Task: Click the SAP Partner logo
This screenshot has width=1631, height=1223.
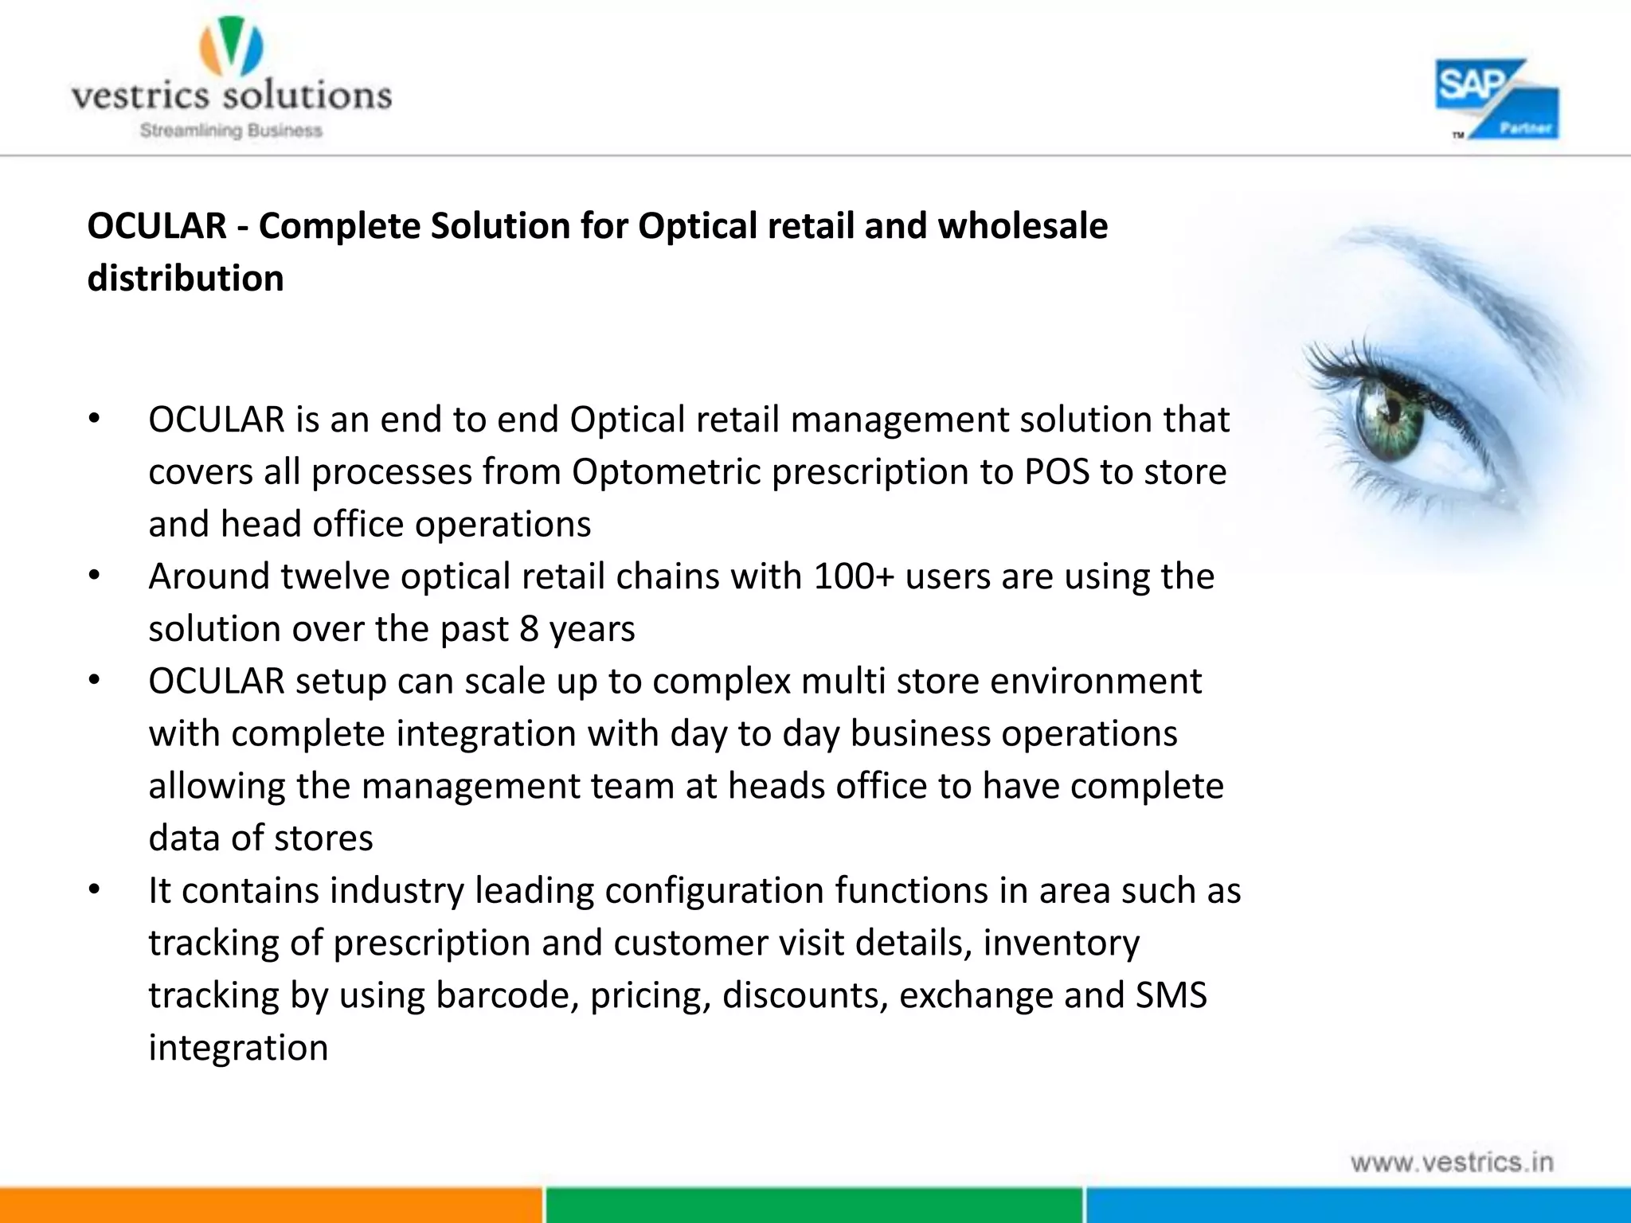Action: point(1496,100)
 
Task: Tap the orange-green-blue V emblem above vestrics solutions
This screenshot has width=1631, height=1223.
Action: point(231,47)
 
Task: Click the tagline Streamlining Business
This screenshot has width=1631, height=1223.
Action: point(231,131)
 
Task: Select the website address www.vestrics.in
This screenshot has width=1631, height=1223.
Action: point(1452,1162)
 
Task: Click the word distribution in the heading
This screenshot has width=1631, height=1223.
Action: point(186,279)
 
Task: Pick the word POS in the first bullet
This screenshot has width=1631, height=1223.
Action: point(1057,472)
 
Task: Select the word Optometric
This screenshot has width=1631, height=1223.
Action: point(667,472)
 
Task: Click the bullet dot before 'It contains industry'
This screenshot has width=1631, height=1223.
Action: point(94,890)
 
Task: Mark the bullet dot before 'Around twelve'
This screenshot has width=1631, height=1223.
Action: point(94,576)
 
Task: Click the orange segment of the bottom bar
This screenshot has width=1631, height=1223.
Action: point(271,1205)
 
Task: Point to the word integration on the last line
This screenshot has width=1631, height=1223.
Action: point(238,1048)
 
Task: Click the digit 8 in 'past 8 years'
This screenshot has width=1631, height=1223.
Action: point(529,629)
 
